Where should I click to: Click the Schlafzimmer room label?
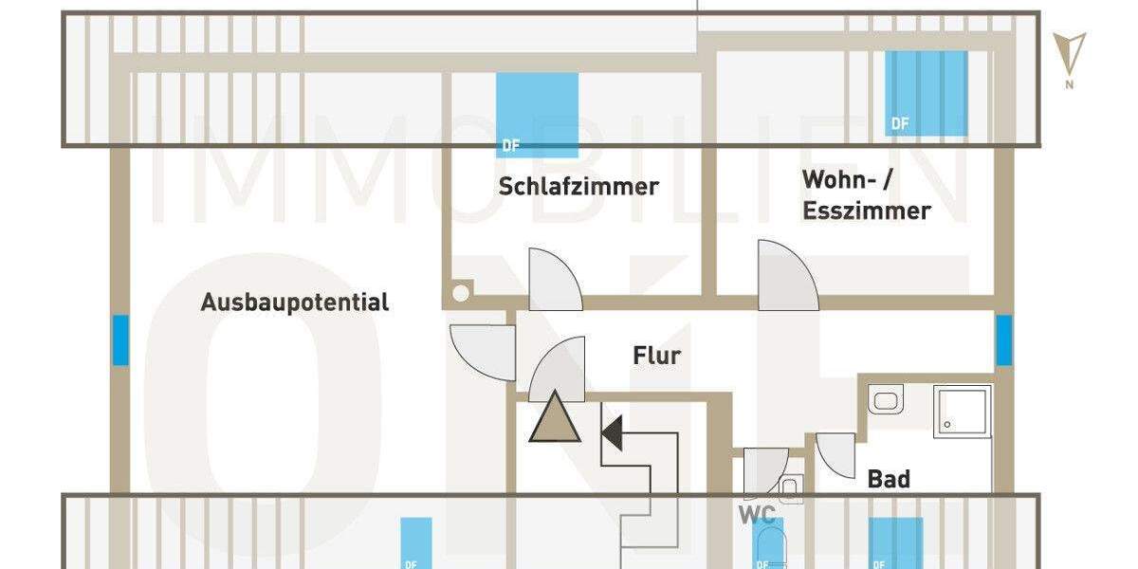click(x=578, y=186)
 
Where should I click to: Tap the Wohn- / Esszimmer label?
click(x=866, y=194)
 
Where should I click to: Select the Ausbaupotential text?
click(x=295, y=303)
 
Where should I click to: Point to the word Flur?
click(x=656, y=357)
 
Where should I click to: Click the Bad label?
click(x=888, y=479)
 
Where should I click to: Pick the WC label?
click(x=757, y=515)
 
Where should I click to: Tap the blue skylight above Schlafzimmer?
click(x=537, y=113)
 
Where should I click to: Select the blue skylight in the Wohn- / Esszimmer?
click(x=926, y=92)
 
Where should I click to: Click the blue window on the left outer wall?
click(x=120, y=340)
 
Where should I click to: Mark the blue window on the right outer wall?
click(x=1003, y=340)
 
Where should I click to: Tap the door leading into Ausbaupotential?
click(x=481, y=352)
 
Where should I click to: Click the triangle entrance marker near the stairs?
click(x=555, y=418)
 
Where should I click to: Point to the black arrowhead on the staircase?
click(x=612, y=432)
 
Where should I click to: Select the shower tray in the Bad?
click(x=963, y=411)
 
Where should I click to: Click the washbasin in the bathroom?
click(x=886, y=399)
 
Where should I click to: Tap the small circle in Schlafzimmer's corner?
click(x=460, y=293)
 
